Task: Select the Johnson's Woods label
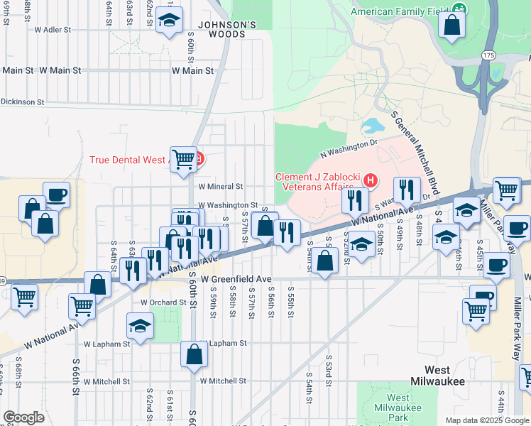(226, 28)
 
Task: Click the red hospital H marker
(369, 182)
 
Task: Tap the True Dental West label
(128, 159)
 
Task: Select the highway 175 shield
(487, 55)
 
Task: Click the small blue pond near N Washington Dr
(371, 128)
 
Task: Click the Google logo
(23, 417)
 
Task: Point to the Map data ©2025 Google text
(487, 420)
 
